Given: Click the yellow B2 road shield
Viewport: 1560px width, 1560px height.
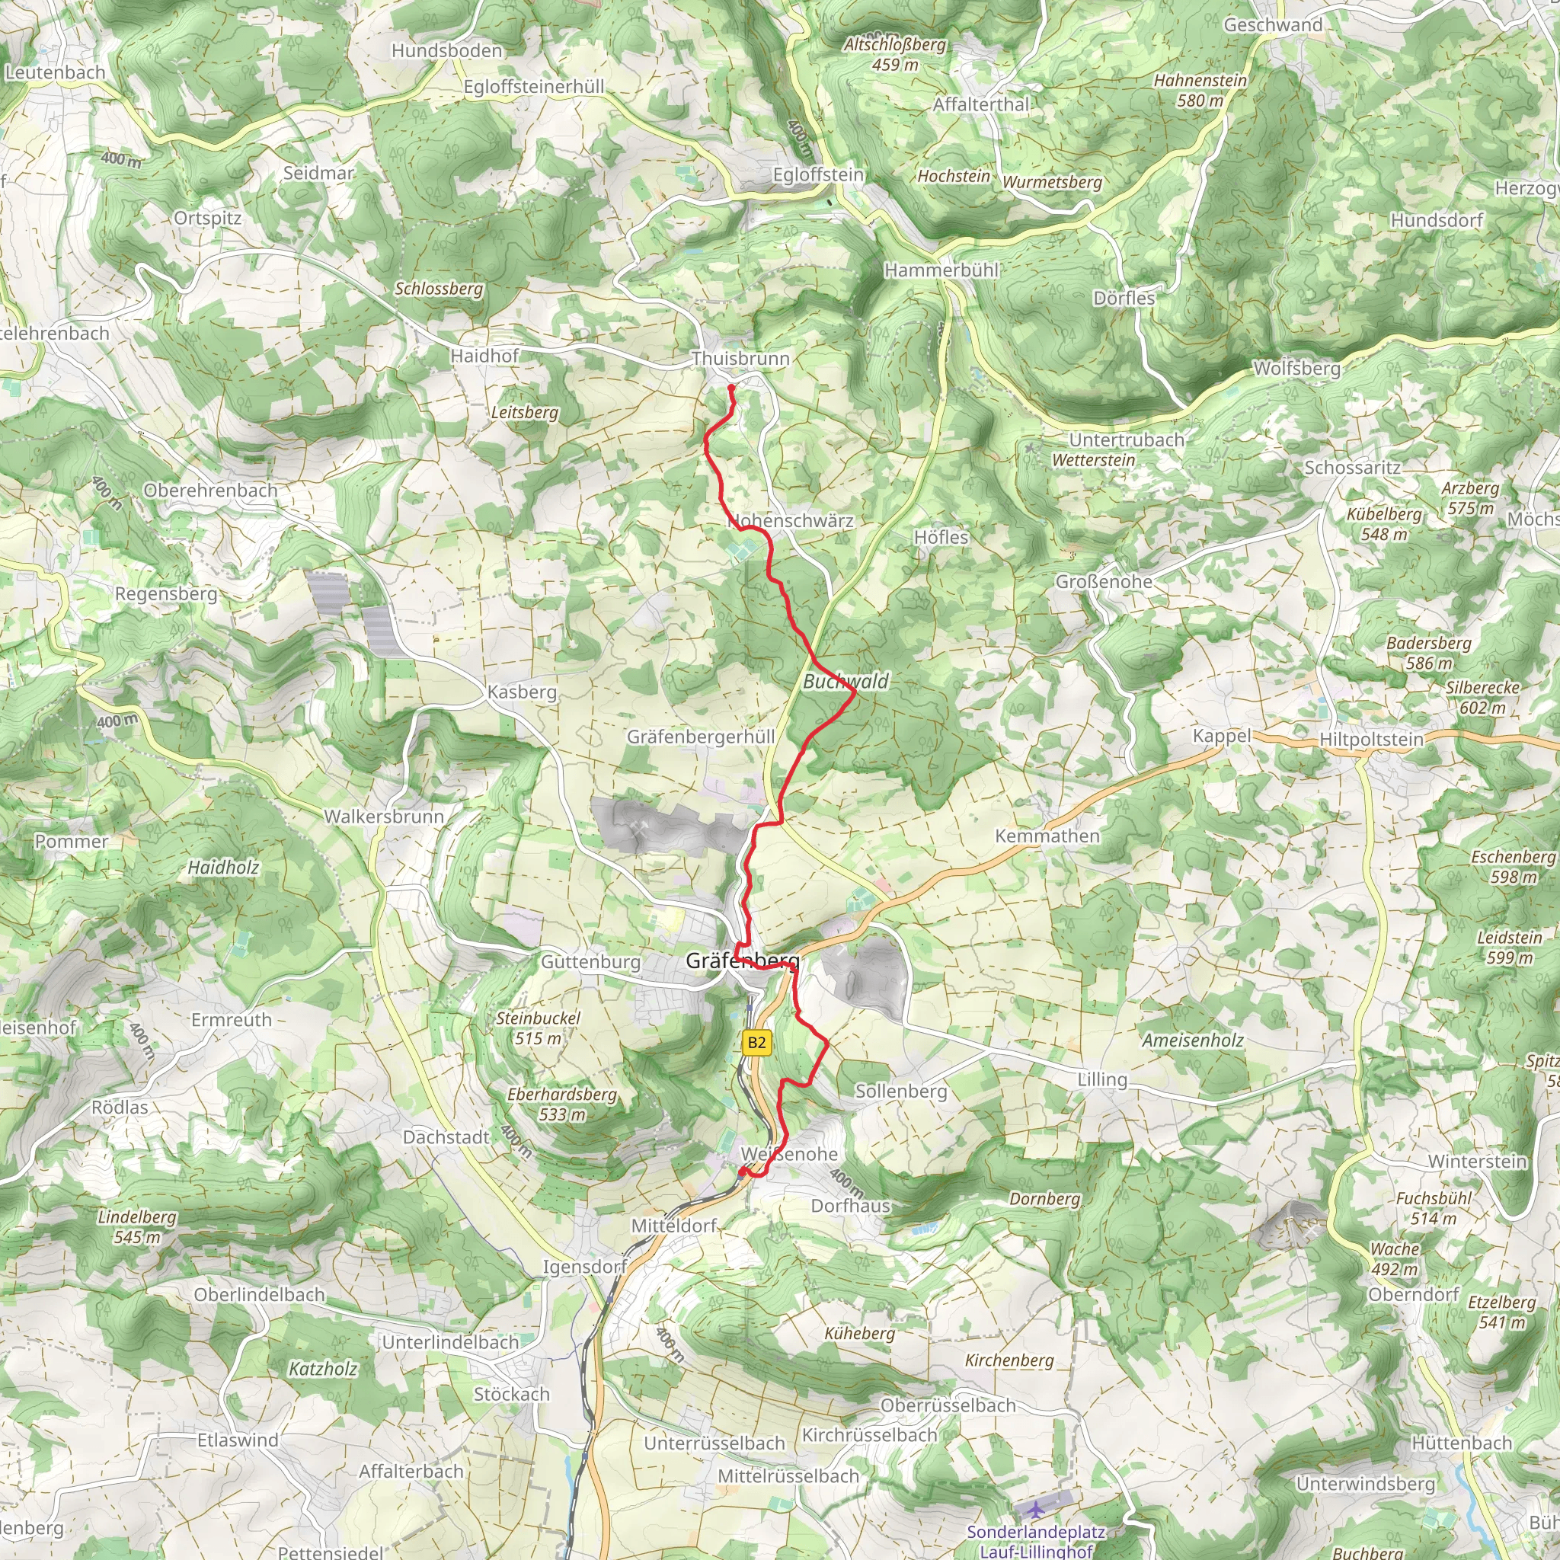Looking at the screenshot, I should (756, 1043).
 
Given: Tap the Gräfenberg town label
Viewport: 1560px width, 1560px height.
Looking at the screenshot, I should (742, 960).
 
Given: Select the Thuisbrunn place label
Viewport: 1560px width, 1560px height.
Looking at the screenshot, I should (740, 359).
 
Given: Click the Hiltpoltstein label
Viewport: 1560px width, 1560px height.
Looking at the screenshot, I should (1371, 739).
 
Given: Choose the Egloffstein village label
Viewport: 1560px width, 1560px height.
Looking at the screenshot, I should (818, 174).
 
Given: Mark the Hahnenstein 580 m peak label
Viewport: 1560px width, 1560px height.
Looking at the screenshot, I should (1200, 91).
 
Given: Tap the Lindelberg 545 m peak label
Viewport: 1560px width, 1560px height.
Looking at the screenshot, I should (136, 1226).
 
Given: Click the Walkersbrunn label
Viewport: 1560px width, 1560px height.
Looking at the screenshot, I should (385, 817).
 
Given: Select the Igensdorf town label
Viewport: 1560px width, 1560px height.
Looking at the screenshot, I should (583, 1267).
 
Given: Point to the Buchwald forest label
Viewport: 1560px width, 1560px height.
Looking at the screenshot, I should (846, 682).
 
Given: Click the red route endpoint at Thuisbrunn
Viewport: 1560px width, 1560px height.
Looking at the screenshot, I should (731, 388).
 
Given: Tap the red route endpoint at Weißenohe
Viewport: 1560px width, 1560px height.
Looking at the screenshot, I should (742, 1172).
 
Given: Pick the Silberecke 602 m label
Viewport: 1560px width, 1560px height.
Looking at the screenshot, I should (1482, 698).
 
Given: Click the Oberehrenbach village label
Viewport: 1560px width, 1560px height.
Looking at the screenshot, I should (210, 490).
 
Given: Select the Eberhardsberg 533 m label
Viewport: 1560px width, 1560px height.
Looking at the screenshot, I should (562, 1104).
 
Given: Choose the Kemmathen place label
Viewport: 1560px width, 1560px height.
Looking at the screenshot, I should (1047, 836).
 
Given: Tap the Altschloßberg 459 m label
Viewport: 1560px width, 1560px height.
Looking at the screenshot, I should (895, 54).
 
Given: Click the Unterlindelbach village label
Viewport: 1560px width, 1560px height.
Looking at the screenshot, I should (451, 1342).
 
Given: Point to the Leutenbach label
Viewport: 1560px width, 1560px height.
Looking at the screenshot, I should (55, 72).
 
